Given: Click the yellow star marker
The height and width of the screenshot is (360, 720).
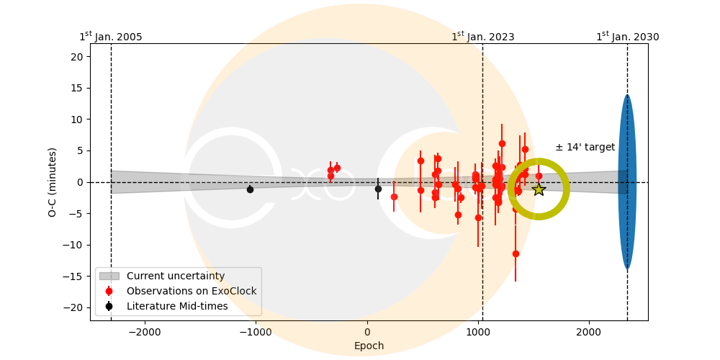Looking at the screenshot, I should pyautogui.click(x=539, y=189).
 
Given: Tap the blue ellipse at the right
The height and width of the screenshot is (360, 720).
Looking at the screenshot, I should pyautogui.click(x=627, y=181).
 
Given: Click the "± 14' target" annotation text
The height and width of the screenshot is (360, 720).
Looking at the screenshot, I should pyautogui.click(x=585, y=148).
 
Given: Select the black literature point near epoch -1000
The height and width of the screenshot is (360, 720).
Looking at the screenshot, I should pyautogui.click(x=250, y=189).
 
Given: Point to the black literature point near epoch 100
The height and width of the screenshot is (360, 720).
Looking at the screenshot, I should pyautogui.click(x=378, y=189).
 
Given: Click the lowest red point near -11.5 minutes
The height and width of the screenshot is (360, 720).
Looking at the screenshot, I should pyautogui.click(x=516, y=253).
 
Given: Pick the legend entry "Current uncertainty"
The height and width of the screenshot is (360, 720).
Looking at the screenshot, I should pyautogui.click(x=176, y=276).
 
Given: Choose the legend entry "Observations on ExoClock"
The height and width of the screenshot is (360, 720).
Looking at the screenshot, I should pyautogui.click(x=192, y=291).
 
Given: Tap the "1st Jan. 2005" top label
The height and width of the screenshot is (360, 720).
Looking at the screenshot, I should pyautogui.click(x=111, y=37).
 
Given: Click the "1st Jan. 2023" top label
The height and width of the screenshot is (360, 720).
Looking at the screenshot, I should pyautogui.click(x=482, y=37).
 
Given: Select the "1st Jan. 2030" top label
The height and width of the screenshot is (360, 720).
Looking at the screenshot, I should pyautogui.click(x=627, y=37).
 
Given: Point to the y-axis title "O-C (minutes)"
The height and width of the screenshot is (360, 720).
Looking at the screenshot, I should pyautogui.click(x=53, y=181).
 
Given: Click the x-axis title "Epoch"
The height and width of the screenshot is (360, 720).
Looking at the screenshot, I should pyautogui.click(x=369, y=346).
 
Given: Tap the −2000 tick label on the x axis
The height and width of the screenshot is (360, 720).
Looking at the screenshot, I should pyautogui.click(x=145, y=333).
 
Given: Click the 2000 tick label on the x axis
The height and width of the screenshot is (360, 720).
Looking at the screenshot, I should pyautogui.click(x=589, y=333).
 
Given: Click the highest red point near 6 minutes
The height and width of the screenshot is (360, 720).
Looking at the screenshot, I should pyautogui.click(x=502, y=143).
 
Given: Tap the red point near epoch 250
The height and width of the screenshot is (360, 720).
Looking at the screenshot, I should pyautogui.click(x=394, y=197).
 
